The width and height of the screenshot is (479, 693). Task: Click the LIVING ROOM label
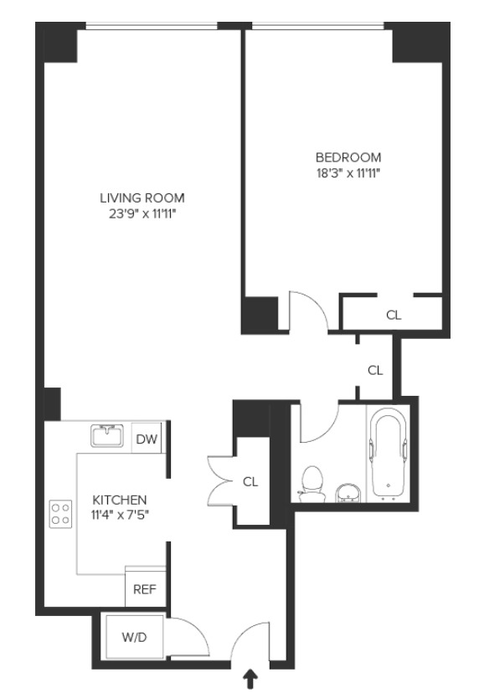tap(142, 198)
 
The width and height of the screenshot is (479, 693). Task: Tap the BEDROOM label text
tap(348, 157)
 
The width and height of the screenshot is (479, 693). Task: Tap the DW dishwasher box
tap(147, 438)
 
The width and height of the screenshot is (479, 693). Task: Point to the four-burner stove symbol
tap(59, 513)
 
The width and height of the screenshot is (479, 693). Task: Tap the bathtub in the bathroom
tap(387, 453)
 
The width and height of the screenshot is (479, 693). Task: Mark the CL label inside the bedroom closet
tap(393, 316)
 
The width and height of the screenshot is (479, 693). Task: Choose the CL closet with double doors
tap(250, 481)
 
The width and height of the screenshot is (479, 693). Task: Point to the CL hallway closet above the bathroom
tap(375, 369)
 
